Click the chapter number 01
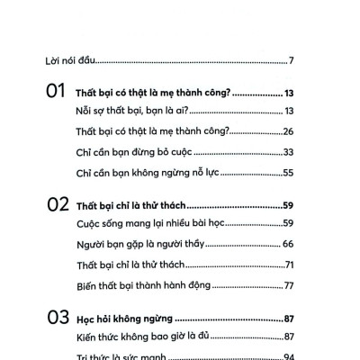pos(56,92)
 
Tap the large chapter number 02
pos(56,205)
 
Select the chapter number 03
pos(56,319)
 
